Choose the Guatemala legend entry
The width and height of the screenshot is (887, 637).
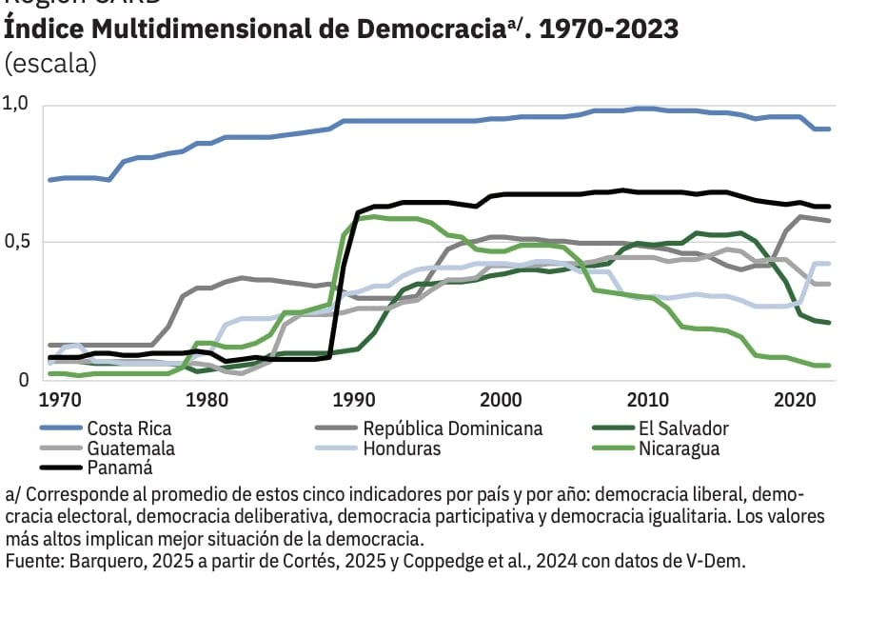point(130,448)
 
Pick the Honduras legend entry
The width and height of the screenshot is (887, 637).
point(402,448)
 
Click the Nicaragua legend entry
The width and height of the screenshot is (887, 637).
point(680,448)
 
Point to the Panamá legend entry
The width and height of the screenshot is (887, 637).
point(119,468)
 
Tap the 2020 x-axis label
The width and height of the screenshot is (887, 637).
point(793,399)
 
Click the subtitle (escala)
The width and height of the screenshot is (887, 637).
point(50,65)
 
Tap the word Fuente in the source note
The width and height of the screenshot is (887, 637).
point(33,561)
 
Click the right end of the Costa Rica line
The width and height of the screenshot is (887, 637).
point(830,129)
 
